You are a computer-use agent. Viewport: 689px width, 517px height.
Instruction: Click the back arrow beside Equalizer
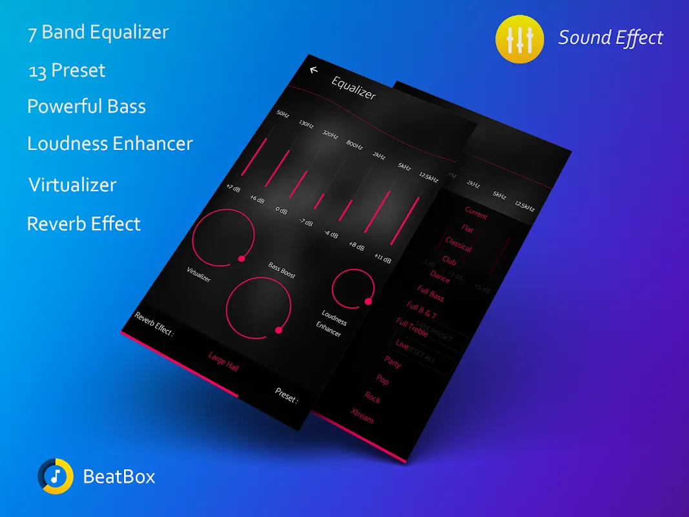[x=314, y=70]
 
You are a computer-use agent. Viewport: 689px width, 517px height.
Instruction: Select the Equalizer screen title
[x=353, y=88]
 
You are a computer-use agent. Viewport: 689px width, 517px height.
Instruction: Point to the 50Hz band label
[x=283, y=114]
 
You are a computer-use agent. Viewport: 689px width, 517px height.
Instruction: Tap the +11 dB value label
[x=382, y=257]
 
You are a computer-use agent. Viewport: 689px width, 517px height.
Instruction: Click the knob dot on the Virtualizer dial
[x=242, y=258]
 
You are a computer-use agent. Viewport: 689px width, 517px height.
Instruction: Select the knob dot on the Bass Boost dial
[x=278, y=330]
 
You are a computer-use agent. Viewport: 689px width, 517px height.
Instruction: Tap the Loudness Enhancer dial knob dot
[x=368, y=301]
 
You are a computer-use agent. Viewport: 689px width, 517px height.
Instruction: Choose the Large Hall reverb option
[x=223, y=361]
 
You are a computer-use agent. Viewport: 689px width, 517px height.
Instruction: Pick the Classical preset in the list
[x=458, y=244]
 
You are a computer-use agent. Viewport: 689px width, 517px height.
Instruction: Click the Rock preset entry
[x=373, y=397]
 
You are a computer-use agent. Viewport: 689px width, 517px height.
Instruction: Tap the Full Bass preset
[x=431, y=294]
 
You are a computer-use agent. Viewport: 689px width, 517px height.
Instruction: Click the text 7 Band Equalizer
[x=98, y=33]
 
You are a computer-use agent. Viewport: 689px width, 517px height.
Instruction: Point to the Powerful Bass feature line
[x=87, y=107]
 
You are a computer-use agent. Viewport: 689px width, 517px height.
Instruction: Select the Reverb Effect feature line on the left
[x=83, y=224]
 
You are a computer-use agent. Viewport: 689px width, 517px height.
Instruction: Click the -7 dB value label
[x=305, y=222]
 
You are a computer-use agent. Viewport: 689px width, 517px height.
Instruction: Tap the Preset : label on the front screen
[x=286, y=395]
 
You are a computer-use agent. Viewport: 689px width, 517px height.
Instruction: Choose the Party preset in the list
[x=393, y=362]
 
